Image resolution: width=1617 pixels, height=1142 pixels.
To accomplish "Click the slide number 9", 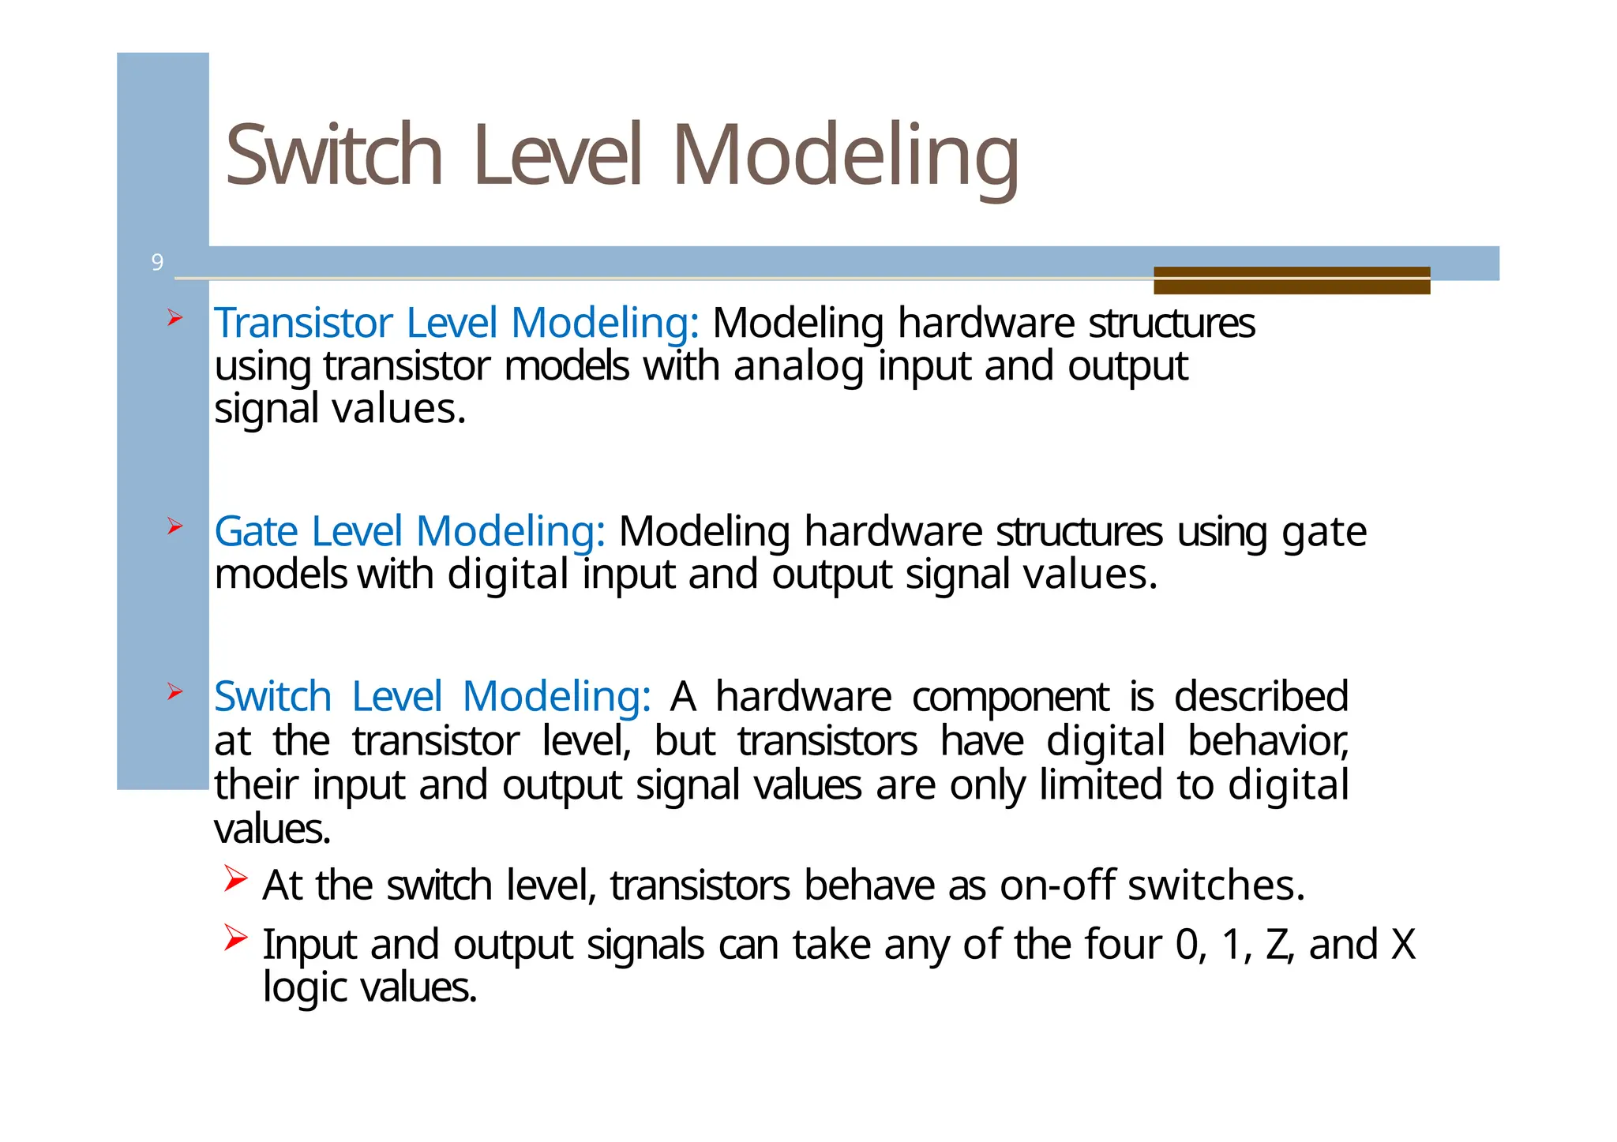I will coord(157,262).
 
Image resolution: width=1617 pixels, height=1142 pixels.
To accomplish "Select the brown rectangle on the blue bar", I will coord(1291,280).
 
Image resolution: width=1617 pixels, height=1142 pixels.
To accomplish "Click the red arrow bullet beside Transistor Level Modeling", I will coord(174,318).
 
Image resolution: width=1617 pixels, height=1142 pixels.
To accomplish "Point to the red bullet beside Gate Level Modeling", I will coord(174,526).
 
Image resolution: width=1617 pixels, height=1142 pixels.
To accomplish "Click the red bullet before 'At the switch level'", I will coord(235,878).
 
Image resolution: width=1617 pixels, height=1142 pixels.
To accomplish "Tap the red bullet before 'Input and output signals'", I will coord(235,938).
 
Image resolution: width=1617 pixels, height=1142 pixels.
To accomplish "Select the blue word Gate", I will coord(256,531).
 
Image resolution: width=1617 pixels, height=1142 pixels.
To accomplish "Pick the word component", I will coord(1010,697).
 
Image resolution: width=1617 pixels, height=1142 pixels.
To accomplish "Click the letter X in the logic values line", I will coord(1402,945).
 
